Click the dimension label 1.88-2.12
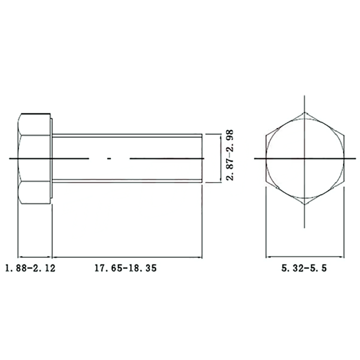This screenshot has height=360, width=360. tap(30, 268)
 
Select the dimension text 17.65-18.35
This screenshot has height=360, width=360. tap(126, 268)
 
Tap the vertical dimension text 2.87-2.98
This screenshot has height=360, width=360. tap(230, 155)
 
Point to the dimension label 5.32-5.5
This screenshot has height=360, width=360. tap(304, 268)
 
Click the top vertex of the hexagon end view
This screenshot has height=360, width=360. tap(305, 112)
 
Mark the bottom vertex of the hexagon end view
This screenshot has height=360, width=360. tap(305, 204)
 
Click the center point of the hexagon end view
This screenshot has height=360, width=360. tap(305, 158)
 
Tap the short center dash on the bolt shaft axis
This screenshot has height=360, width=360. tap(109, 158)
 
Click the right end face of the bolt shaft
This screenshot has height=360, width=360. tap(202, 158)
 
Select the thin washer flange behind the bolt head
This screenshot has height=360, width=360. tap(52, 158)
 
